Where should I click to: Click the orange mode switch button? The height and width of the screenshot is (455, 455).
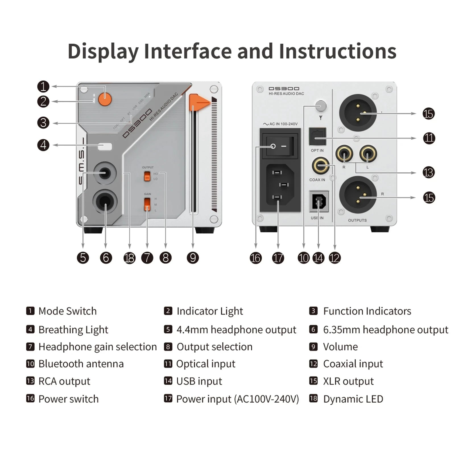tap(105, 99)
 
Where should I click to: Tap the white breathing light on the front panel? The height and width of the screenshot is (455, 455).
tap(105, 146)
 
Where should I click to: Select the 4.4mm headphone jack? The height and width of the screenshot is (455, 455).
tap(105, 173)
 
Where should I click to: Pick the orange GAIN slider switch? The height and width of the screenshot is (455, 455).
tap(147, 204)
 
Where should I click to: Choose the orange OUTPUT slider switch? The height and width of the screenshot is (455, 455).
tap(147, 176)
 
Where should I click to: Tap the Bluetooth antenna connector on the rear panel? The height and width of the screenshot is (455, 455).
tap(321, 106)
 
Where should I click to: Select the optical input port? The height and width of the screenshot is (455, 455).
tap(317, 137)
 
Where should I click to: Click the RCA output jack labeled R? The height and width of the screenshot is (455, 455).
tap(344, 154)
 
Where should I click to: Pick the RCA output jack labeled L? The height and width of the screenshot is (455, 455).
tap(368, 154)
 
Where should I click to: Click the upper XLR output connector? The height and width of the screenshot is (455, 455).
tap(358, 113)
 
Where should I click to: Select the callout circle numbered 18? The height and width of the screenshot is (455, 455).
tap(129, 258)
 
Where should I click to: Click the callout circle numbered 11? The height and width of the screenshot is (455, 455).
tap(429, 138)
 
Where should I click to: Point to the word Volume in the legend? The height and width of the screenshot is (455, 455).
tap(340, 347)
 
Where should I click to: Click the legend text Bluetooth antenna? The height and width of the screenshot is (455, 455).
tap(81, 364)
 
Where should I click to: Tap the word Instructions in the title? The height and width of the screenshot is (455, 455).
tap(338, 51)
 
